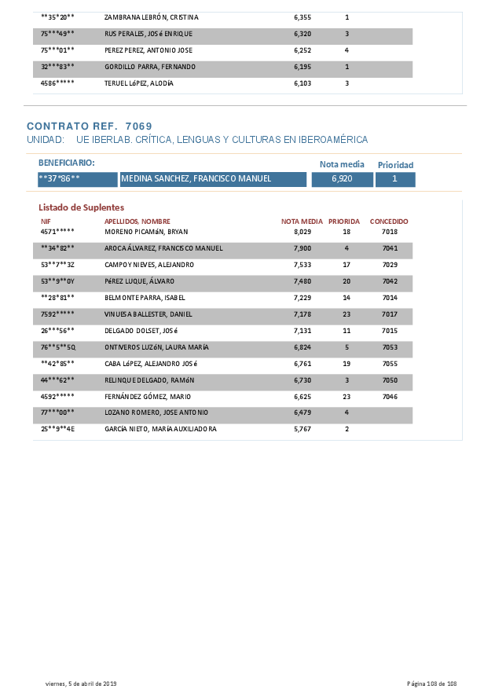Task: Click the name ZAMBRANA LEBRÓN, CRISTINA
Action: pos(152,17)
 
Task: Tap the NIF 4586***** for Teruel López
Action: pos(57,83)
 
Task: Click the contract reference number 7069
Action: pos(139,126)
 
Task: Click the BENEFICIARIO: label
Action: pos(66,163)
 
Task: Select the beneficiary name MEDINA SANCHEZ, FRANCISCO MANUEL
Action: pos(197,179)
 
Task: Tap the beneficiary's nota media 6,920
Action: pos(342,179)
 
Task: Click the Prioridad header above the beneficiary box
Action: pos(395,165)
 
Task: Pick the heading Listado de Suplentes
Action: pos(81,207)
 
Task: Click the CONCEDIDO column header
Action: pos(389,222)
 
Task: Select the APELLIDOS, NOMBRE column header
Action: pos(137,222)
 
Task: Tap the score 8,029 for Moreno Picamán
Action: pos(302,232)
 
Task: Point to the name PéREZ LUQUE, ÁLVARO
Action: pos(139,281)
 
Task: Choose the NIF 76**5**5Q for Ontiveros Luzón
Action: pos(58,347)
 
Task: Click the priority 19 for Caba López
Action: pos(346,364)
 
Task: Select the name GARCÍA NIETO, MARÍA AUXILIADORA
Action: pos(160,430)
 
